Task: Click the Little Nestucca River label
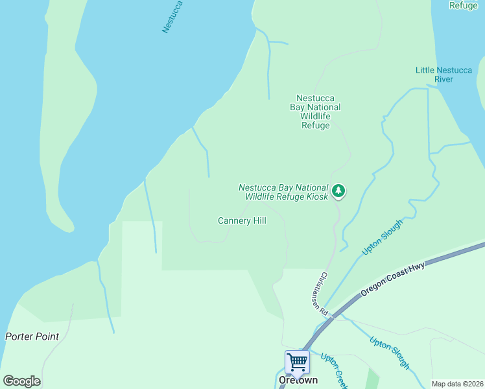point(444,75)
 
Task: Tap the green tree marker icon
point(338,191)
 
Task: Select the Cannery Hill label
point(242,221)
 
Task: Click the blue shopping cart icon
point(297,361)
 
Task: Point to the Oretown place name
point(298,381)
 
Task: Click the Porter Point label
point(32,336)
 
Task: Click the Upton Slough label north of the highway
point(382,237)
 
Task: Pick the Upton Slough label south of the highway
point(390,352)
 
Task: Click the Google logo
point(21,381)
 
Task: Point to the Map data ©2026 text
point(457,384)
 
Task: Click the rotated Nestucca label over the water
point(173,17)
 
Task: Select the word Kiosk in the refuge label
point(314,196)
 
